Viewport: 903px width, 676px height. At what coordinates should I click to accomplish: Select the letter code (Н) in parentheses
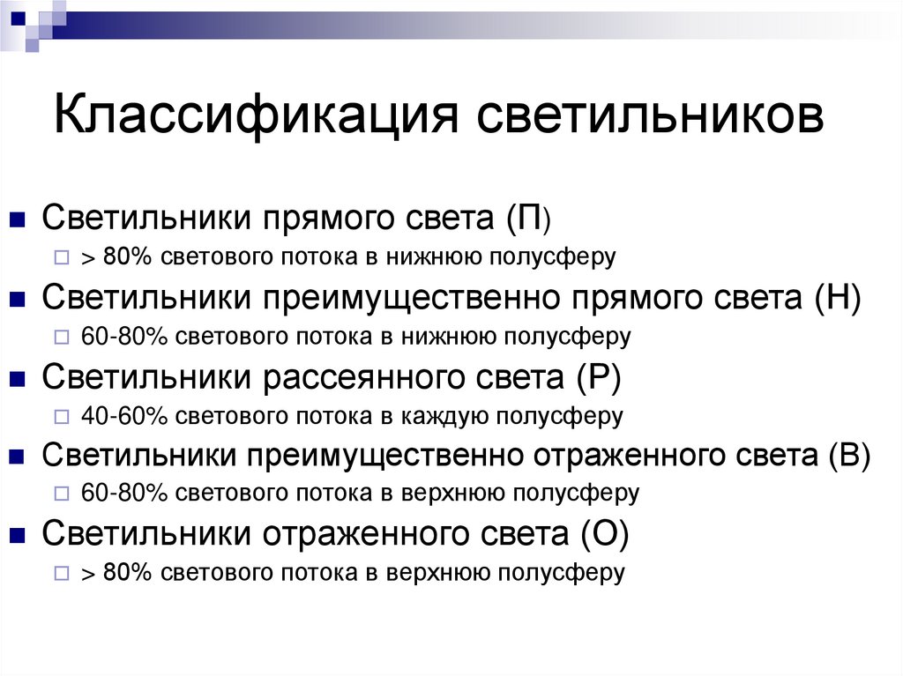tap(838, 297)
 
